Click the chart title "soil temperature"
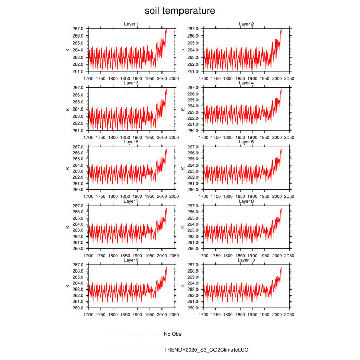pos(179,10)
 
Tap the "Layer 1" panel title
pos(131,24)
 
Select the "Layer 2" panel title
pos(246,24)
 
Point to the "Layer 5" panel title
pos(131,142)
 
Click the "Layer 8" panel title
pos(246,201)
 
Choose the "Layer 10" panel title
pos(246,260)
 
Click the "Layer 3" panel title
pos(131,83)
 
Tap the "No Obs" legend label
pos(172,334)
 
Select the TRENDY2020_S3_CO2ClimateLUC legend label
pos(206,350)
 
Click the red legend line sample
pos(136,350)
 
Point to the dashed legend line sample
pos(133,334)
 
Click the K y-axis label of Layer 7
pos(67,227)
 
